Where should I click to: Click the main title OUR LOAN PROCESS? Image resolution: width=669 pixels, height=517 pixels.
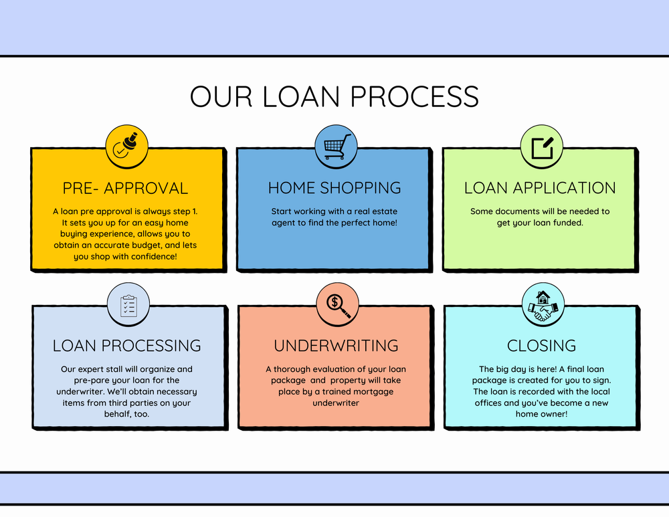334,96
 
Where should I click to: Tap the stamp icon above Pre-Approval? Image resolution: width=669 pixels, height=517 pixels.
126,146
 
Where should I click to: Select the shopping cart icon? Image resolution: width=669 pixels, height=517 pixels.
337,146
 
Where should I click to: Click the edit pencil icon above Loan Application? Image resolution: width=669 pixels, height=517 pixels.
542,146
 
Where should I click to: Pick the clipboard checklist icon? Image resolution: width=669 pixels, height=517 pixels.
128,306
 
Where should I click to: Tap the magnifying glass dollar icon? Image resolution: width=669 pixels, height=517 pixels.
337,304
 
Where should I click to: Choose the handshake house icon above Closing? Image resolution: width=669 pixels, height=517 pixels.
543,304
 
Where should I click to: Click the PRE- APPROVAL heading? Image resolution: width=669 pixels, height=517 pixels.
125,188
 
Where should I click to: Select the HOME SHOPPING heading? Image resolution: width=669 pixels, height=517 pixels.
334,188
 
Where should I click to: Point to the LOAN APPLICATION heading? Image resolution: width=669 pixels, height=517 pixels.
540,188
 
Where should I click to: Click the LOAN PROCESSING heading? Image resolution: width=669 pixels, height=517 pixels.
126,346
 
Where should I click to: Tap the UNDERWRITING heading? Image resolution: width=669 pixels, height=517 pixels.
336,346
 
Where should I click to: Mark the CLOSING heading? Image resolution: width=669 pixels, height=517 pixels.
541,346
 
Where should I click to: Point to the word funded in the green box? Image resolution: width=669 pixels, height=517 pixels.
567,223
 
